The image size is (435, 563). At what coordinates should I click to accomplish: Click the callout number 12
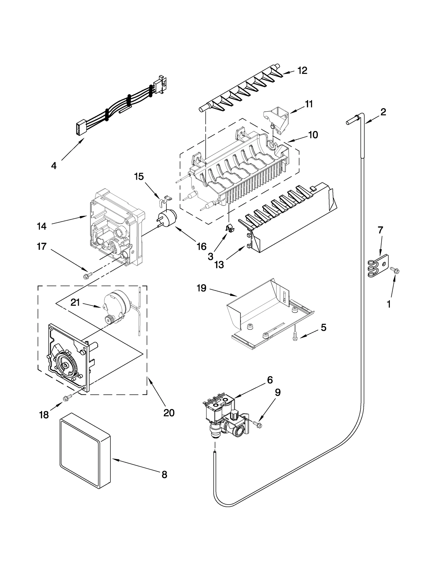302,70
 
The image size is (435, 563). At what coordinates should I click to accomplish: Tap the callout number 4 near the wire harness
54,166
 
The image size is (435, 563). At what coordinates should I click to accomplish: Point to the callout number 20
169,413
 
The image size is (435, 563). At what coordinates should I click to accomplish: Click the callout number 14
42,226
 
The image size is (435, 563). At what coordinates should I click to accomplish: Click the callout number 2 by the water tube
383,112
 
